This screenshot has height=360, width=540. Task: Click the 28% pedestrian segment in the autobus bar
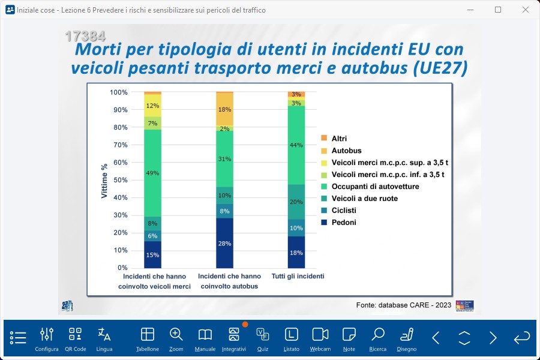pyautogui.click(x=224, y=243)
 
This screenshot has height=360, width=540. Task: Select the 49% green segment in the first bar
pyautogui.click(x=152, y=173)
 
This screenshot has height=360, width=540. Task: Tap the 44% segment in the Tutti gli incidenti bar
pyautogui.click(x=296, y=145)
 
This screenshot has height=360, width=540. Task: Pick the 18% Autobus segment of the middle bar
pyautogui.click(x=224, y=109)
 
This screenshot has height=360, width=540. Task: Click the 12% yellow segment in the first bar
pyautogui.click(x=152, y=106)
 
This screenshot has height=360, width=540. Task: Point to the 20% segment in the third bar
pyautogui.click(x=296, y=202)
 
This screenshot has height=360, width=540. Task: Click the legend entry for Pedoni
pyautogui.click(x=343, y=223)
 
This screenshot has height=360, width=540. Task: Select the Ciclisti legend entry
pyautogui.click(x=343, y=211)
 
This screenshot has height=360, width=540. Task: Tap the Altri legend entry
pyautogui.click(x=339, y=139)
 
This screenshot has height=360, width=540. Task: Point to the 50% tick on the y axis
pyautogui.click(x=119, y=180)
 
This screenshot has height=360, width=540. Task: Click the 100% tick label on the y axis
pyautogui.click(x=118, y=92)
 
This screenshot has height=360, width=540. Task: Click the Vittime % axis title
pyautogui.click(x=104, y=181)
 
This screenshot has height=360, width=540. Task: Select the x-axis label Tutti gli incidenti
pyautogui.click(x=298, y=277)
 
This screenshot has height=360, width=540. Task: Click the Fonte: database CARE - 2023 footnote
pyautogui.click(x=403, y=305)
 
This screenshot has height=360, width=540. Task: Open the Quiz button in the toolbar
pyautogui.click(x=263, y=339)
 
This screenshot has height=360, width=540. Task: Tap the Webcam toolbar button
pyautogui.click(x=320, y=339)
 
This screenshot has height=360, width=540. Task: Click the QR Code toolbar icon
pyautogui.click(x=76, y=339)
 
